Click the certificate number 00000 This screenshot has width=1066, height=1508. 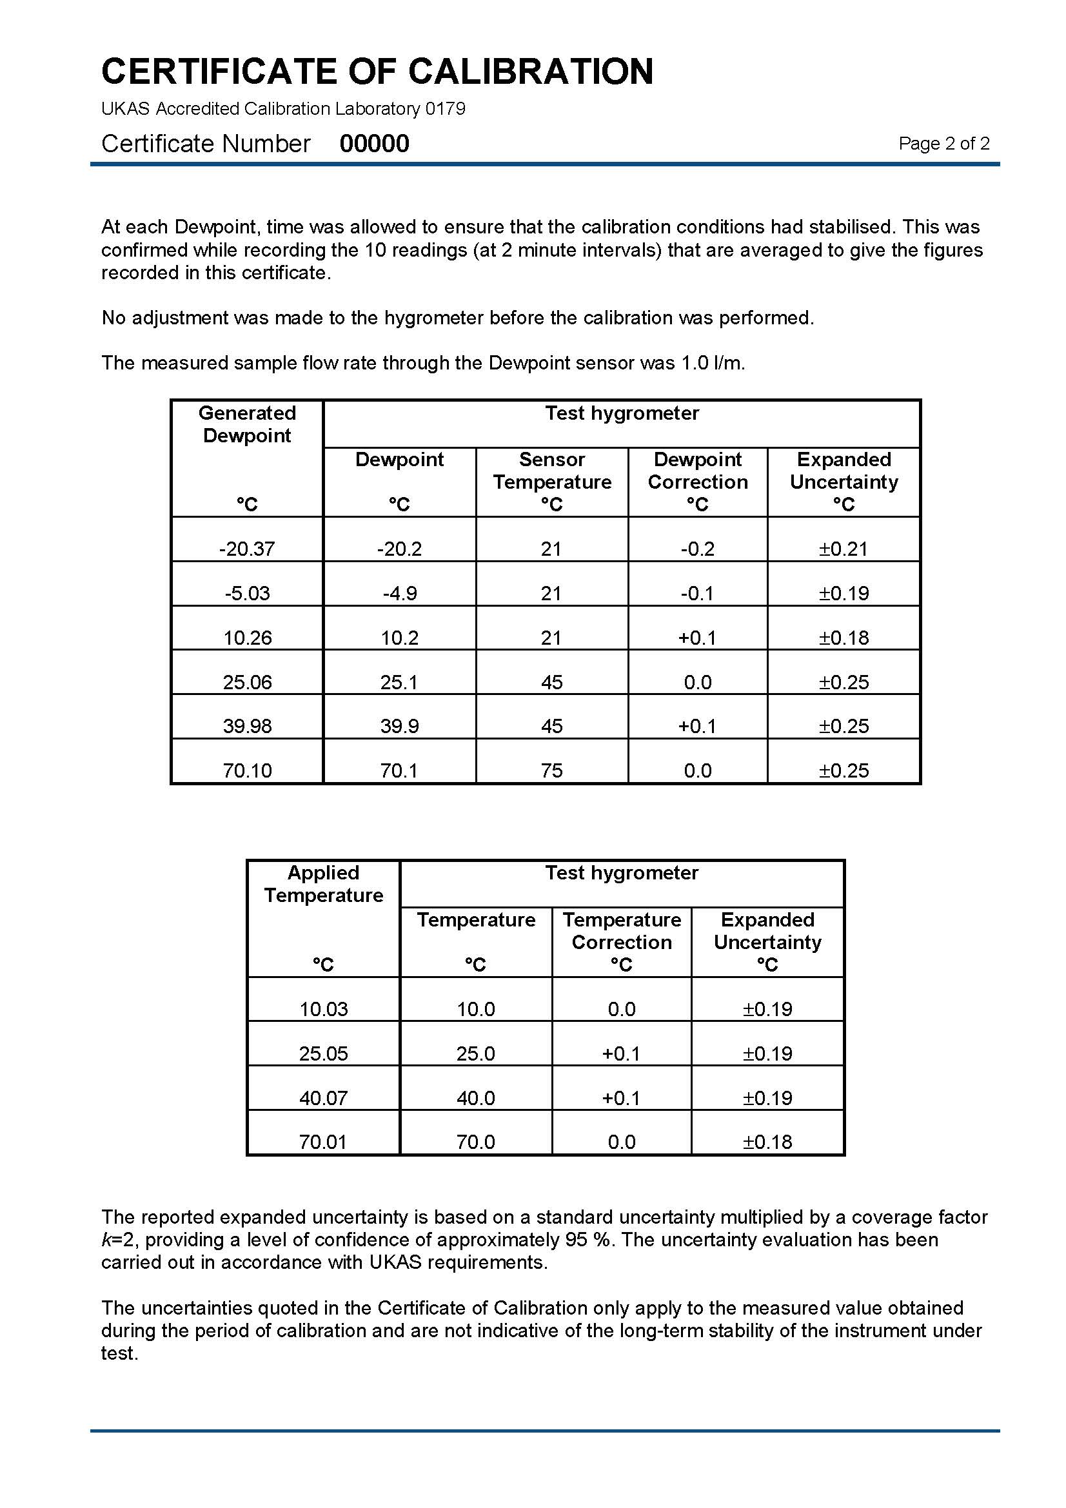pyautogui.click(x=374, y=144)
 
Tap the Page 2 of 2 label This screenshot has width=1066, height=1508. pyautogui.click(x=943, y=144)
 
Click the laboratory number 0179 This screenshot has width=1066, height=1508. pyautogui.click(x=445, y=109)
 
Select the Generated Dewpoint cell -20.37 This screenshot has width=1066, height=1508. pyautogui.click(x=247, y=549)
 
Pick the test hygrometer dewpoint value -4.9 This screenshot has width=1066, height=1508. pyautogui.click(x=399, y=594)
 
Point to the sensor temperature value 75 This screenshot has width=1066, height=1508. pyautogui.click(x=552, y=770)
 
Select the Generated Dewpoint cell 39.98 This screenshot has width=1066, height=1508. pyautogui.click(x=247, y=727)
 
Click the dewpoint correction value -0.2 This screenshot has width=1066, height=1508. pyautogui.click(x=698, y=549)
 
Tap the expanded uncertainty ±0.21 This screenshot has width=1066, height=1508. pyautogui.click(x=844, y=549)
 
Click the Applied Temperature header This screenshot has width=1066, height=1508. pyautogui.click(x=323, y=884)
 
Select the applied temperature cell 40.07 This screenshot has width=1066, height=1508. pyautogui.click(x=323, y=1098)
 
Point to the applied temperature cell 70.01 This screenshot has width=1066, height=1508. pyautogui.click(x=323, y=1142)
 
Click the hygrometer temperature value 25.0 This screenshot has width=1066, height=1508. pyautogui.click(x=475, y=1054)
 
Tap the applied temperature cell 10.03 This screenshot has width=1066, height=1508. pyautogui.click(x=323, y=1010)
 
